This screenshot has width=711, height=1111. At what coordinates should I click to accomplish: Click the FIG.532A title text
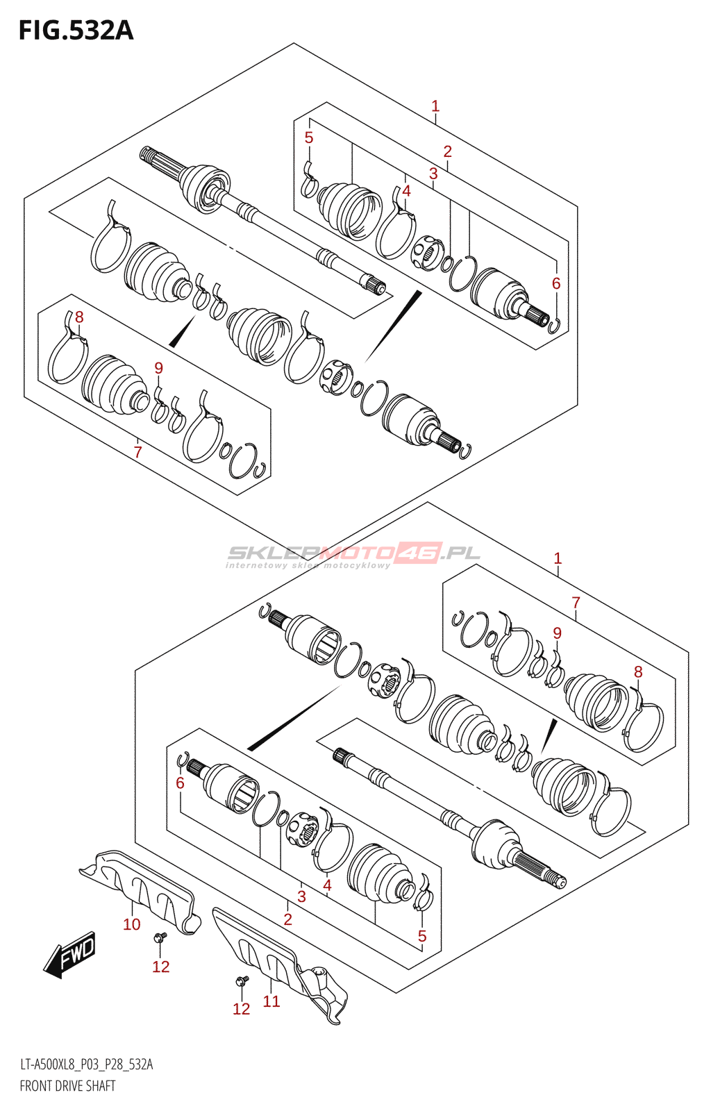coord(76,31)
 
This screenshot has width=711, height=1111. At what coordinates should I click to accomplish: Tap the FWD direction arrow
coord(70,954)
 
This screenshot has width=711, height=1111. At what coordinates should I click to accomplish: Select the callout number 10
coord(132,924)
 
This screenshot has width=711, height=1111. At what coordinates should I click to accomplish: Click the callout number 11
coord(271,1001)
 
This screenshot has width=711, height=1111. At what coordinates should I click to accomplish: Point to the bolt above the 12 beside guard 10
coord(159,938)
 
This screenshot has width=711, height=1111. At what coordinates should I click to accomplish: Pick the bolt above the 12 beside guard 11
coord(241,980)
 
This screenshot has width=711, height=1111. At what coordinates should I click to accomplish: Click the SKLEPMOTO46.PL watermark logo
coord(353,554)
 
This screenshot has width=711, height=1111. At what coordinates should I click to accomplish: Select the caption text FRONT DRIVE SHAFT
coord(67,1086)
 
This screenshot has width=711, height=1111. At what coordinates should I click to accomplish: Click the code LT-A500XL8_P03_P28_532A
coord(86,1064)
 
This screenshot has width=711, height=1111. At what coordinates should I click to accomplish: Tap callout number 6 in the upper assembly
coord(556,283)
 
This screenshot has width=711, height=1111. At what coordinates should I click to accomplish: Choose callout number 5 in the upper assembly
coord(309,137)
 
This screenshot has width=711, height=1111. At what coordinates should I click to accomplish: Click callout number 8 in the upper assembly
coord(79,317)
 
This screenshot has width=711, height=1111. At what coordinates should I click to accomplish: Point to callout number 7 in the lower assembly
coord(576,602)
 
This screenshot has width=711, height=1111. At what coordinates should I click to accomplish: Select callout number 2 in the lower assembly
coord(287,919)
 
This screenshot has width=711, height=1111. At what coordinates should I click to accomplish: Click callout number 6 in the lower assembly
coord(180,783)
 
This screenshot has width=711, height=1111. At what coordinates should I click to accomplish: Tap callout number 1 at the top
coord(435,106)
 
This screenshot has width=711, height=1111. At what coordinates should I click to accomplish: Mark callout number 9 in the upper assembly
coord(159,368)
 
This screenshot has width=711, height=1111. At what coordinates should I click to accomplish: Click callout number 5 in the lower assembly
coord(422,936)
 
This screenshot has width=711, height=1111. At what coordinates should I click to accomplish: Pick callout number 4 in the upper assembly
coord(407,190)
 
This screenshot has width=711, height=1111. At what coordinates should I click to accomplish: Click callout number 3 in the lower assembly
coord(301,896)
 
